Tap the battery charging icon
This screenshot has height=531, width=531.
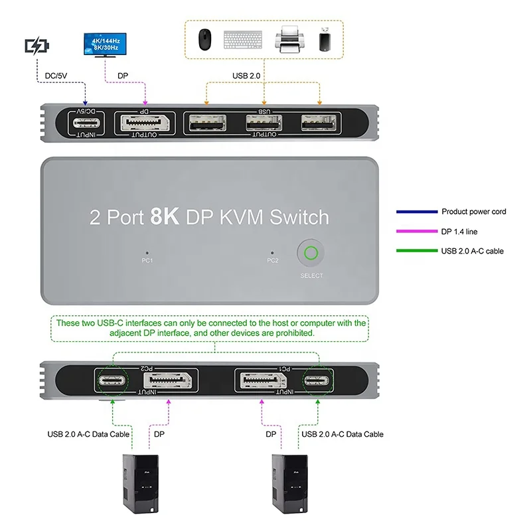[37, 46]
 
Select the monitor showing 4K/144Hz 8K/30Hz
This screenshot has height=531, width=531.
[104, 46]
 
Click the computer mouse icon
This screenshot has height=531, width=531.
[203, 40]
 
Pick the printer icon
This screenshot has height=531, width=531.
[290, 39]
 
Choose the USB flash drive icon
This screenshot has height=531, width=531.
[324, 39]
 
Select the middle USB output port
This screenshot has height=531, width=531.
[264, 123]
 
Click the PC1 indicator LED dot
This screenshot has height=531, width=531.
[147, 252]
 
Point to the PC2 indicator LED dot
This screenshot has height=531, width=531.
[272, 252]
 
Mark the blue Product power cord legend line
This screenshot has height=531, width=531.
[416, 212]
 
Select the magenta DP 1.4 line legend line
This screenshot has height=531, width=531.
[416, 231]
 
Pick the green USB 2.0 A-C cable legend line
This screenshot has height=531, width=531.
[416, 250]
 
